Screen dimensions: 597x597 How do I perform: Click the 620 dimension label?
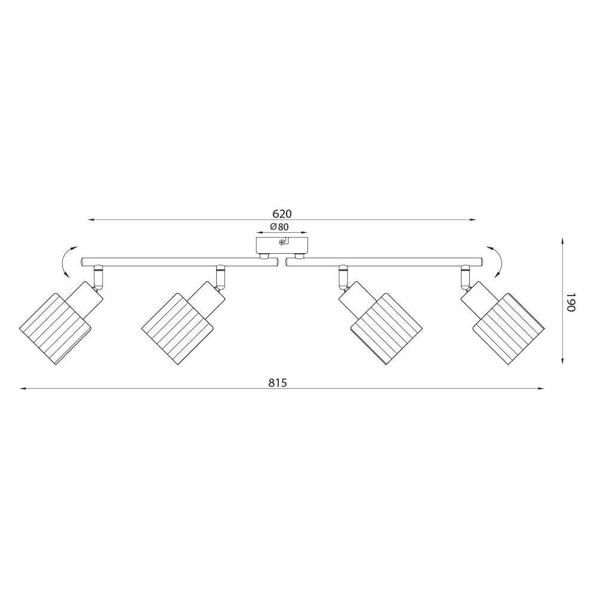pos(282,213)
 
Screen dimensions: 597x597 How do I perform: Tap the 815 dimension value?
pos(277,382)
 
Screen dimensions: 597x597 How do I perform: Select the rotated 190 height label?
pos(570,302)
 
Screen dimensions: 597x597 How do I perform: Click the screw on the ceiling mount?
pos(282,242)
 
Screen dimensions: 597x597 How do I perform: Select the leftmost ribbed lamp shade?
pos(56,329)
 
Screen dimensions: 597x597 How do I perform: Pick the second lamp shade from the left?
pos(177,329)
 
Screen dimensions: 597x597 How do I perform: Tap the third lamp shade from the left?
pos(386,329)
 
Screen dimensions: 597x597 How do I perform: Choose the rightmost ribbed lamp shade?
pos(508,329)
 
